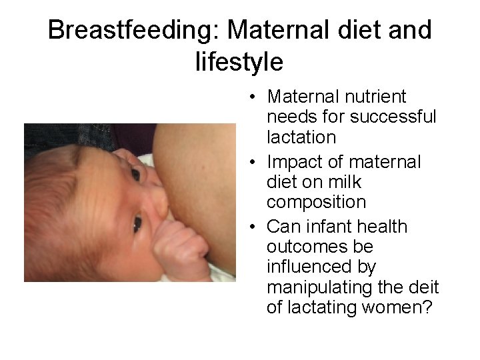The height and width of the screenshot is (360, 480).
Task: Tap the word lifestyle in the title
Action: point(239,62)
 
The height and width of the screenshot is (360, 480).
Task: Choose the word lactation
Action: point(301,137)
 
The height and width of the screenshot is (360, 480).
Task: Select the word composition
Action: point(316,202)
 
